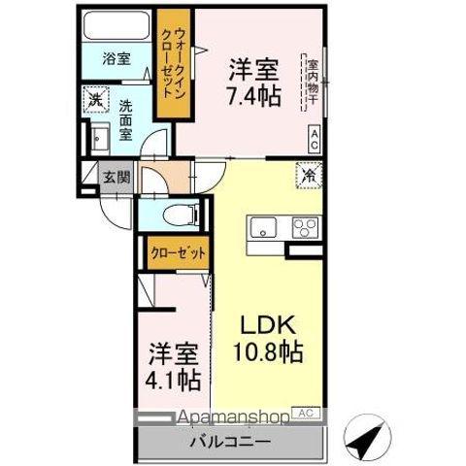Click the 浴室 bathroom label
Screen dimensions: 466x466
tap(116, 58)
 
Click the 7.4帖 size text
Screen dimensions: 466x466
tap(254, 97)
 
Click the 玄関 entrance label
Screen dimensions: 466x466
tap(115, 179)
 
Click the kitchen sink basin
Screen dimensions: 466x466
tap(264, 229)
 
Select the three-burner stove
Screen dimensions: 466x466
tap(304, 230)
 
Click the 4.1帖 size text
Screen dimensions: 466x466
tap(175, 380)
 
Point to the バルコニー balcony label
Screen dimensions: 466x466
tap(233, 442)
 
